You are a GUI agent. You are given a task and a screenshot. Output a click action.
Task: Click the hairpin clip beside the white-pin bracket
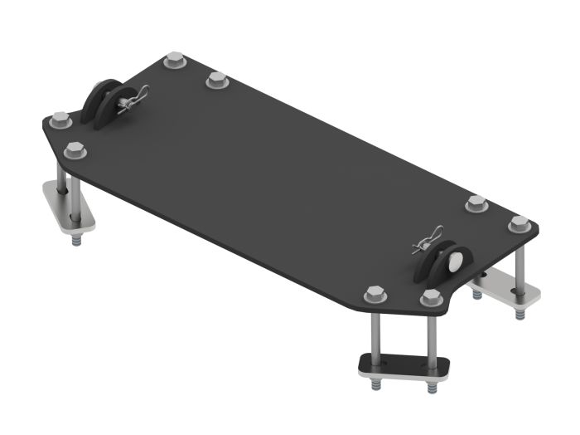428,239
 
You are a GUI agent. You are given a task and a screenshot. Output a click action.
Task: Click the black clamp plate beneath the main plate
401,365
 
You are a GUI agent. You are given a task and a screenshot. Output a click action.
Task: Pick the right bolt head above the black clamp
429,297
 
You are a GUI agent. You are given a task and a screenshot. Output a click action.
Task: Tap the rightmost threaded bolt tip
520,315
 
